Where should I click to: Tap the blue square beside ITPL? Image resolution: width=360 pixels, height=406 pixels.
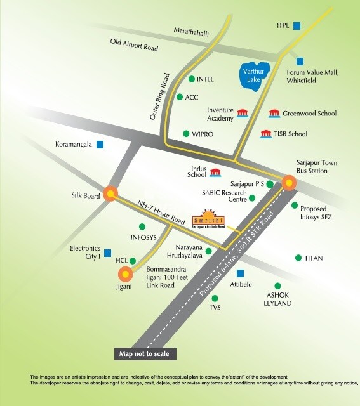coord(297,25)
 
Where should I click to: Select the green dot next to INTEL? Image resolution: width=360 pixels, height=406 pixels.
coord(192,79)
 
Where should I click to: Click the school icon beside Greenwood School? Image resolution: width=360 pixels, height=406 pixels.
coord(274,113)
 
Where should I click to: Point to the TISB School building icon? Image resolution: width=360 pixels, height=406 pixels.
coord(266,134)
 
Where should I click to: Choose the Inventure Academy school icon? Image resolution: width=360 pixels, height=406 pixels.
coord(243,113)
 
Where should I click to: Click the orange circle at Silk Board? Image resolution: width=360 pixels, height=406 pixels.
coord(112,194)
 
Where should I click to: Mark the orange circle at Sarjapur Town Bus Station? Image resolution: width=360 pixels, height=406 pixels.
coord(290,183)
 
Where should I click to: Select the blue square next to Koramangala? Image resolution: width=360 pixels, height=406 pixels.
coord(100,144)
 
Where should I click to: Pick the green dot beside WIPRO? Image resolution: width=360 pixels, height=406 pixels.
coord(186,134)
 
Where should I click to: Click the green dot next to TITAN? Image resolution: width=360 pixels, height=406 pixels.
coord(298,258)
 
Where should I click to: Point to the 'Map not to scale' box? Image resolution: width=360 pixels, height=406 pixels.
coord(144,353)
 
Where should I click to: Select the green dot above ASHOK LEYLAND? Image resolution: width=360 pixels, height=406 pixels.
coord(277,286)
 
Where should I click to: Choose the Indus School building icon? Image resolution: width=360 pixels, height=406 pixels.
coord(215,173)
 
